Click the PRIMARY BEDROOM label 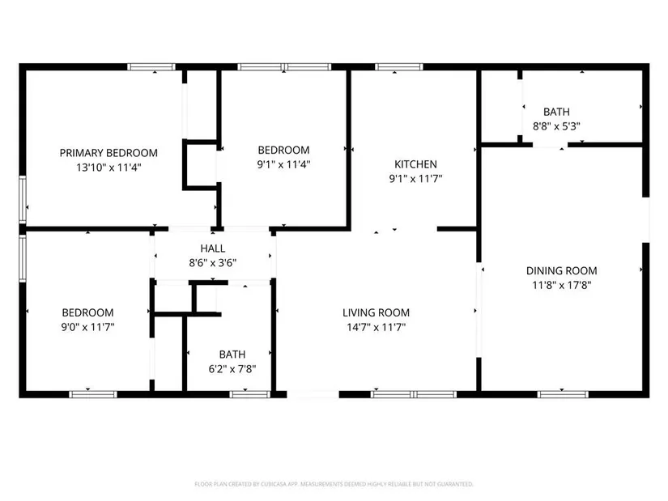(108, 153)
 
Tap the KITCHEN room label (416, 164)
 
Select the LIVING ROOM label (377, 312)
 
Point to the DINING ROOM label (561, 271)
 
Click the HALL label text (213, 248)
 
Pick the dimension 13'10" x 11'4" (108, 168)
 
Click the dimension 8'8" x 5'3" (556, 126)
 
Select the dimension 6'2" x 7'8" (232, 369)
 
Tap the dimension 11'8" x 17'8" (561, 285)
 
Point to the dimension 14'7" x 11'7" (377, 327)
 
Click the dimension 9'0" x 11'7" (87, 327)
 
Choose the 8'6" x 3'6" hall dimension (213, 263)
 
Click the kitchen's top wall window (398, 67)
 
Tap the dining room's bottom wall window (563, 394)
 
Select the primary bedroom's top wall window (151, 67)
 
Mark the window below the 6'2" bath (249, 394)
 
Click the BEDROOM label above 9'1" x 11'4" (283, 150)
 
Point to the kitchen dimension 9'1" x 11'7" (416, 179)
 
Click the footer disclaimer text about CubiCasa (334, 484)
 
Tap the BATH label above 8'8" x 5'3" (556, 112)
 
